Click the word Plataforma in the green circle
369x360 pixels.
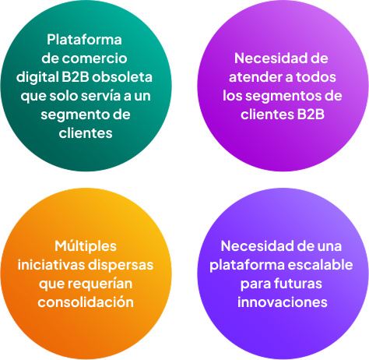tap(84, 40)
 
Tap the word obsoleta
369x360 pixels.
tap(122, 77)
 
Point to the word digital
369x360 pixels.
tap(37, 77)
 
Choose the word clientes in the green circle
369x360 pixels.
tap(86, 133)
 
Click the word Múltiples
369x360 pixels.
tap(86, 246)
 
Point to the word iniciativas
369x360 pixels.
tap(51, 265)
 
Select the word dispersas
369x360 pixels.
tap(121, 266)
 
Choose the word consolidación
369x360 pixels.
tap(86, 302)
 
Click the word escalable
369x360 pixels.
tap(320, 265)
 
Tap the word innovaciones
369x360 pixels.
tap(283, 302)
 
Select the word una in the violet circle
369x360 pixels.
tap(330, 246)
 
